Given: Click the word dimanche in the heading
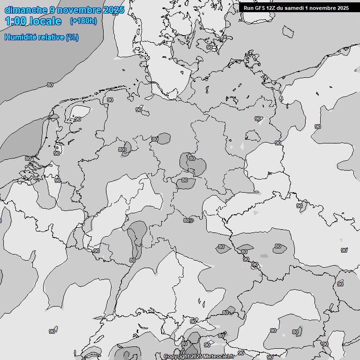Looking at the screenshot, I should (26, 10).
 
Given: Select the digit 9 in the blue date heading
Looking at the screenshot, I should (52, 10).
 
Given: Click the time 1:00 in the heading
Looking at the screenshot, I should (16, 21).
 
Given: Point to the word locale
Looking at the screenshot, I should (46, 21).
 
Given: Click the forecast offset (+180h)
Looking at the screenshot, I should (83, 21).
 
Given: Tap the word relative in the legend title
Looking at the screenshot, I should (51, 37).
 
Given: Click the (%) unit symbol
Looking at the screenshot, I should (72, 37).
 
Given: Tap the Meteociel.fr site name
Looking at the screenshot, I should (219, 357).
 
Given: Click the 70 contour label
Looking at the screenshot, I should (183, 352).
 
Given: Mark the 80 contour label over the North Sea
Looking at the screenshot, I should (50, 85).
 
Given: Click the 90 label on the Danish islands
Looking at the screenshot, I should (210, 47).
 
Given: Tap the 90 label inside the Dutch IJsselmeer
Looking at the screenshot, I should (78, 119).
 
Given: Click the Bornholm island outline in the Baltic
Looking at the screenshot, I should (288, 31).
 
